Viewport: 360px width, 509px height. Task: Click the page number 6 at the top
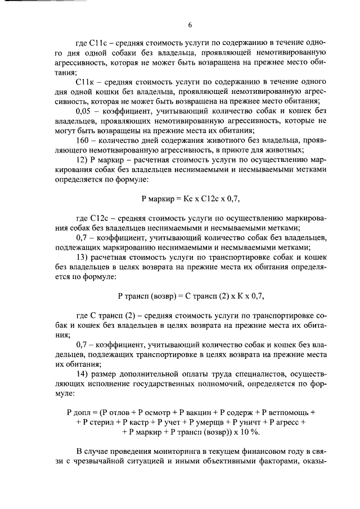click(x=190, y=25)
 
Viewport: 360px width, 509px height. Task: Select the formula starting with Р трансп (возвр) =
click(x=190, y=296)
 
